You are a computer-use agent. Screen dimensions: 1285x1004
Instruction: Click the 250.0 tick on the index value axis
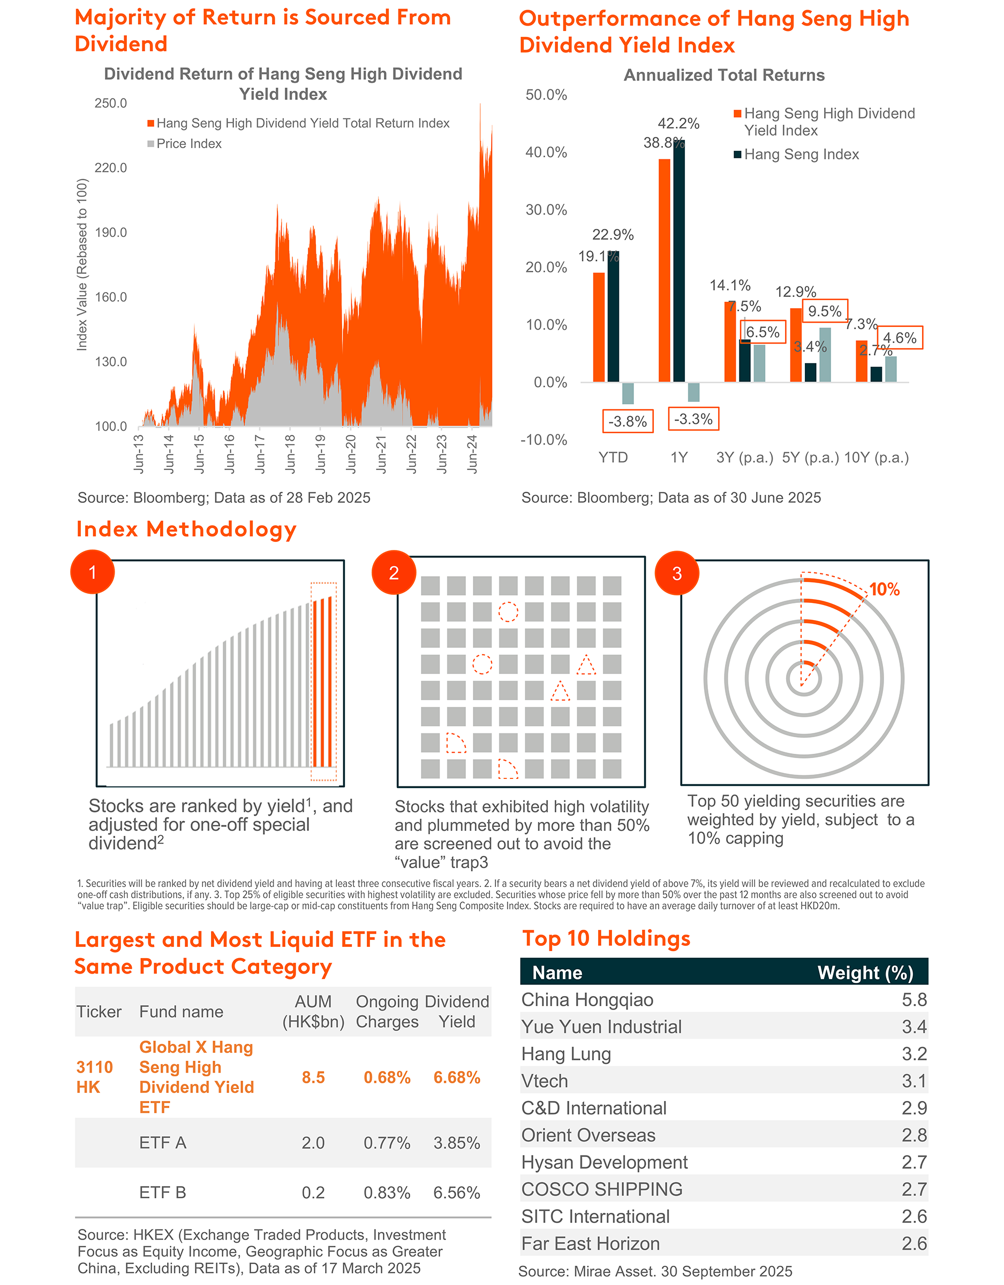tap(111, 104)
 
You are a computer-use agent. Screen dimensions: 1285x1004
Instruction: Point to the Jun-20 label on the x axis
tap(351, 454)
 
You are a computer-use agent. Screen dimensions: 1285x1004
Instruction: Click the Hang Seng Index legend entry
tap(801, 155)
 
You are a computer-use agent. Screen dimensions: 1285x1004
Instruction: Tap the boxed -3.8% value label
tap(627, 421)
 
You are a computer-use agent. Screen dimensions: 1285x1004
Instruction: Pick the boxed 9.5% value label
tap(825, 311)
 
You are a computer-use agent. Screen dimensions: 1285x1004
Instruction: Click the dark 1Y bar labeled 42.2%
tap(679, 261)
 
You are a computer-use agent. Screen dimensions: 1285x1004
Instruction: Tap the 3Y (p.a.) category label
tap(744, 458)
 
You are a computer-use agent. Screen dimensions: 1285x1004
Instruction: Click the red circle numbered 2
tap(394, 572)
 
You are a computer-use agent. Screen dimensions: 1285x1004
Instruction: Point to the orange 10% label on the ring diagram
tap(884, 590)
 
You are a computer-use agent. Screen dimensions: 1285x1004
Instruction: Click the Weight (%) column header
tap(865, 973)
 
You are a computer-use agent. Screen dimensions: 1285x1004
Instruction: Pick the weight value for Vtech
tap(914, 1081)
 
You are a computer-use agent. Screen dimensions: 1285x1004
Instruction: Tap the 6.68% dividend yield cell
tap(457, 1077)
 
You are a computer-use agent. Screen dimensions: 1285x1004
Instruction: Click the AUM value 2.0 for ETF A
tap(313, 1143)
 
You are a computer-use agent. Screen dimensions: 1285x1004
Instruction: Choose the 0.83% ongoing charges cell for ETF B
tap(387, 1192)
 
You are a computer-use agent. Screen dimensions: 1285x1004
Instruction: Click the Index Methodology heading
tap(186, 529)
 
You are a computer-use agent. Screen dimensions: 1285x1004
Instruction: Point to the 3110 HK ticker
tap(94, 1077)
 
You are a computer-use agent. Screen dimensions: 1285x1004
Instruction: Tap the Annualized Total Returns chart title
tap(724, 75)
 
